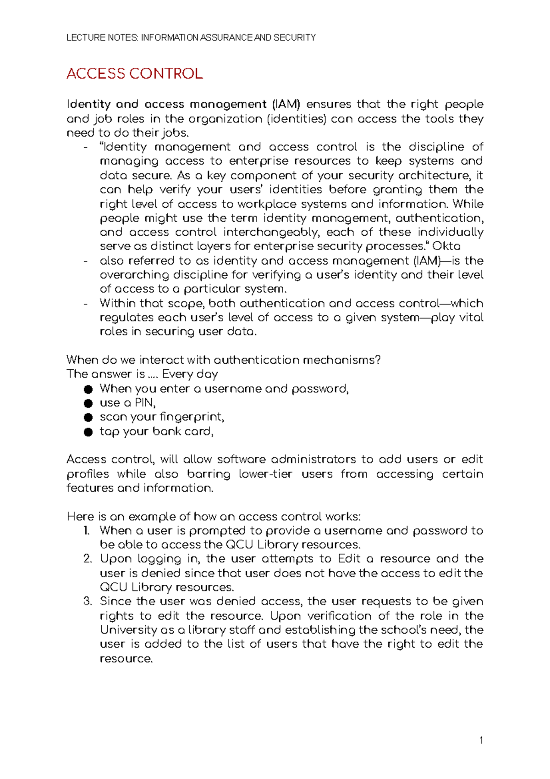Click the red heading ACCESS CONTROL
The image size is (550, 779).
134,74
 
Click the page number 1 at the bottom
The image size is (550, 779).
481,740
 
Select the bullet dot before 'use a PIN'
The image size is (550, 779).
88,404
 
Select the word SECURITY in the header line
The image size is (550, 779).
294,38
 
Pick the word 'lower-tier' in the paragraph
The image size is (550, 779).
265,474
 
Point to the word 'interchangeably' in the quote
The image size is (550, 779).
270,233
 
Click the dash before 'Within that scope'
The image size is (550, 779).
86,304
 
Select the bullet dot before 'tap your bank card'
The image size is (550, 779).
88,432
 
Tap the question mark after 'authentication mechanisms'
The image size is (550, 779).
377,360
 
